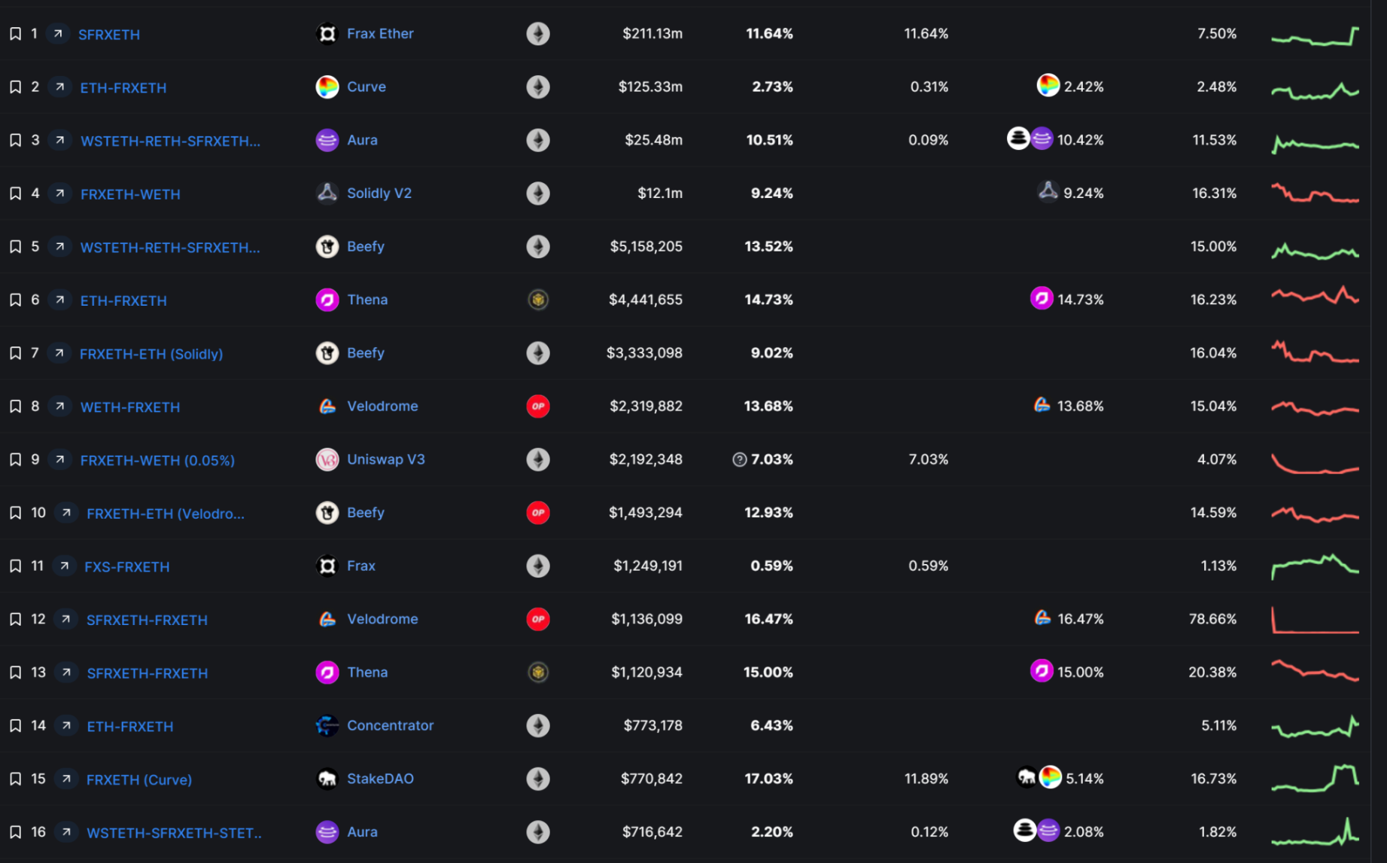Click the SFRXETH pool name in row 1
[109, 35]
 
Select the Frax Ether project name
[380, 34]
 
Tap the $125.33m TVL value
[650, 87]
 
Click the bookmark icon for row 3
[15, 141]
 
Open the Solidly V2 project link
[379, 194]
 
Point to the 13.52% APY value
[768, 247]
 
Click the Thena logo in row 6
[327, 300]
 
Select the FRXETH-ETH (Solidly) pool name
[151, 354]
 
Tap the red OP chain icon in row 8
[538, 407]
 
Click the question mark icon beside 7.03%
[740, 460]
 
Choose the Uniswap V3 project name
[385, 459]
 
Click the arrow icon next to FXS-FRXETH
[65, 566]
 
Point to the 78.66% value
[1212, 619]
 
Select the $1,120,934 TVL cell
[646, 672]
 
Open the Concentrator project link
[390, 726]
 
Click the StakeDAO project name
[380, 779]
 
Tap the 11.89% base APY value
[926, 779]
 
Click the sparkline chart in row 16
[1316, 832]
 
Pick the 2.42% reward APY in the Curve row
[1084, 87]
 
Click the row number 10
[38, 513]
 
